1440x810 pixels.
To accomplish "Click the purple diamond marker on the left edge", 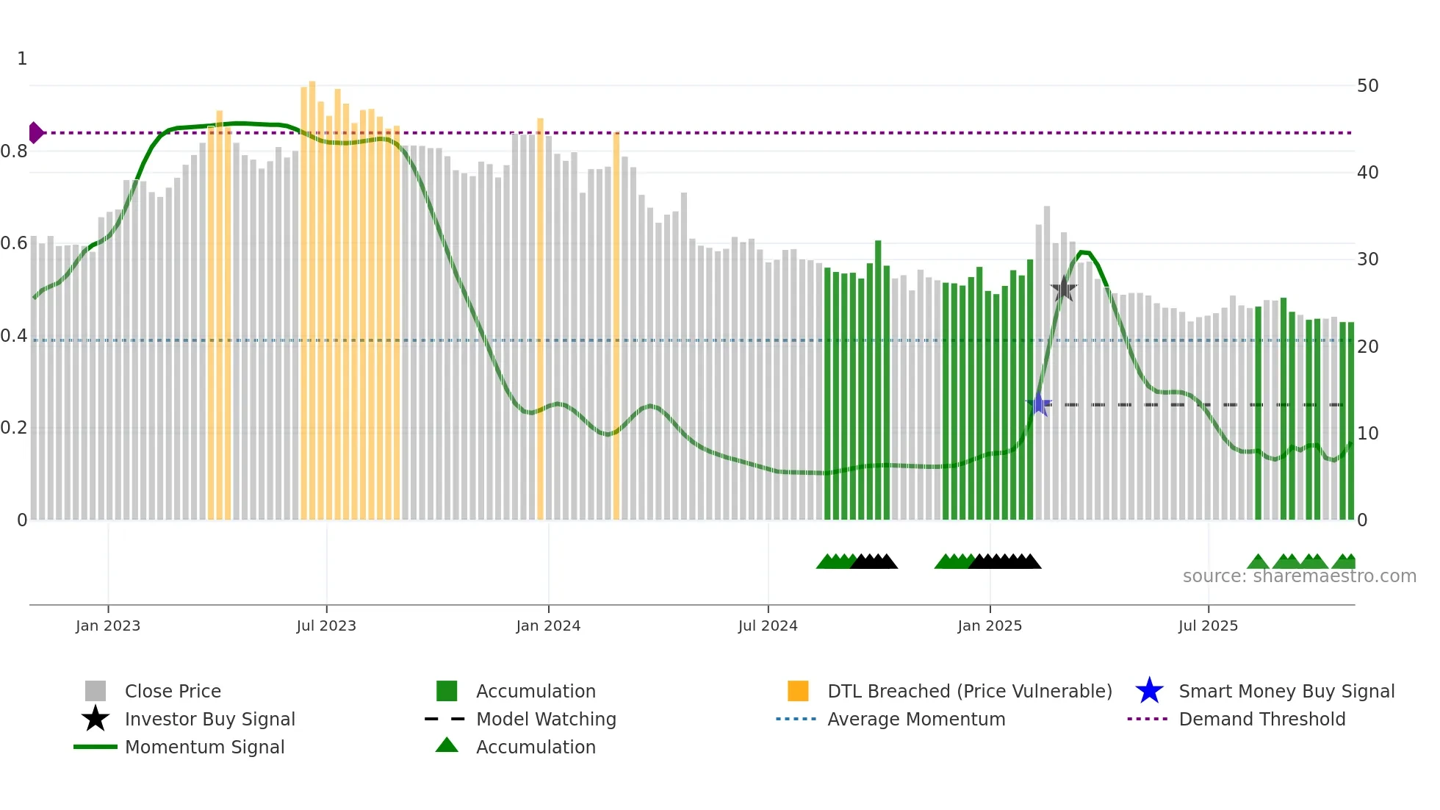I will pyautogui.click(x=35, y=133).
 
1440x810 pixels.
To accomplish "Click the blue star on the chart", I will pyautogui.click(x=1038, y=404).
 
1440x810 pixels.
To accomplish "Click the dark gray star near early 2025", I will pyautogui.click(x=1063, y=289).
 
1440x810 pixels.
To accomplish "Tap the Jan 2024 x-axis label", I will pyautogui.click(x=548, y=626).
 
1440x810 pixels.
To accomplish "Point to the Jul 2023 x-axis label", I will pyautogui.click(x=326, y=626).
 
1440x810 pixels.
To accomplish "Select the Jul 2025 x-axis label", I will pyautogui.click(x=1208, y=626).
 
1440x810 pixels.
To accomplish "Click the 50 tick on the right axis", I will pyautogui.click(x=1367, y=86).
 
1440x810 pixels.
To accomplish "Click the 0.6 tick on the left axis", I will pyautogui.click(x=14, y=243).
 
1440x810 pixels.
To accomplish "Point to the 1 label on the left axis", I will pyautogui.click(x=22, y=59).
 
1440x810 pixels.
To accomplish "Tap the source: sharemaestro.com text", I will pyautogui.click(x=1299, y=576).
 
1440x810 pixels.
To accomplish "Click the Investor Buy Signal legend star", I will pyautogui.click(x=96, y=719).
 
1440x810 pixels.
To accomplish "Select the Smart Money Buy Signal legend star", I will pyautogui.click(x=1149, y=691).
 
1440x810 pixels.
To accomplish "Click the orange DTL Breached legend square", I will pyautogui.click(x=798, y=691).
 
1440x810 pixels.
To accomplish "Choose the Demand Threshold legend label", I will pyautogui.click(x=1261, y=719).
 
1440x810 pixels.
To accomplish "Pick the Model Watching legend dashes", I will pyautogui.click(x=445, y=719).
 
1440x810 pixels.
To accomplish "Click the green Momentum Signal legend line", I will pyautogui.click(x=96, y=747).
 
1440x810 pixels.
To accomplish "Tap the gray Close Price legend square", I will pyautogui.click(x=96, y=691).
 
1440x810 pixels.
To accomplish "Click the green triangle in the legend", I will pyautogui.click(x=447, y=746).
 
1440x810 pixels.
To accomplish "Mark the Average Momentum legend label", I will pyautogui.click(x=916, y=719).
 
